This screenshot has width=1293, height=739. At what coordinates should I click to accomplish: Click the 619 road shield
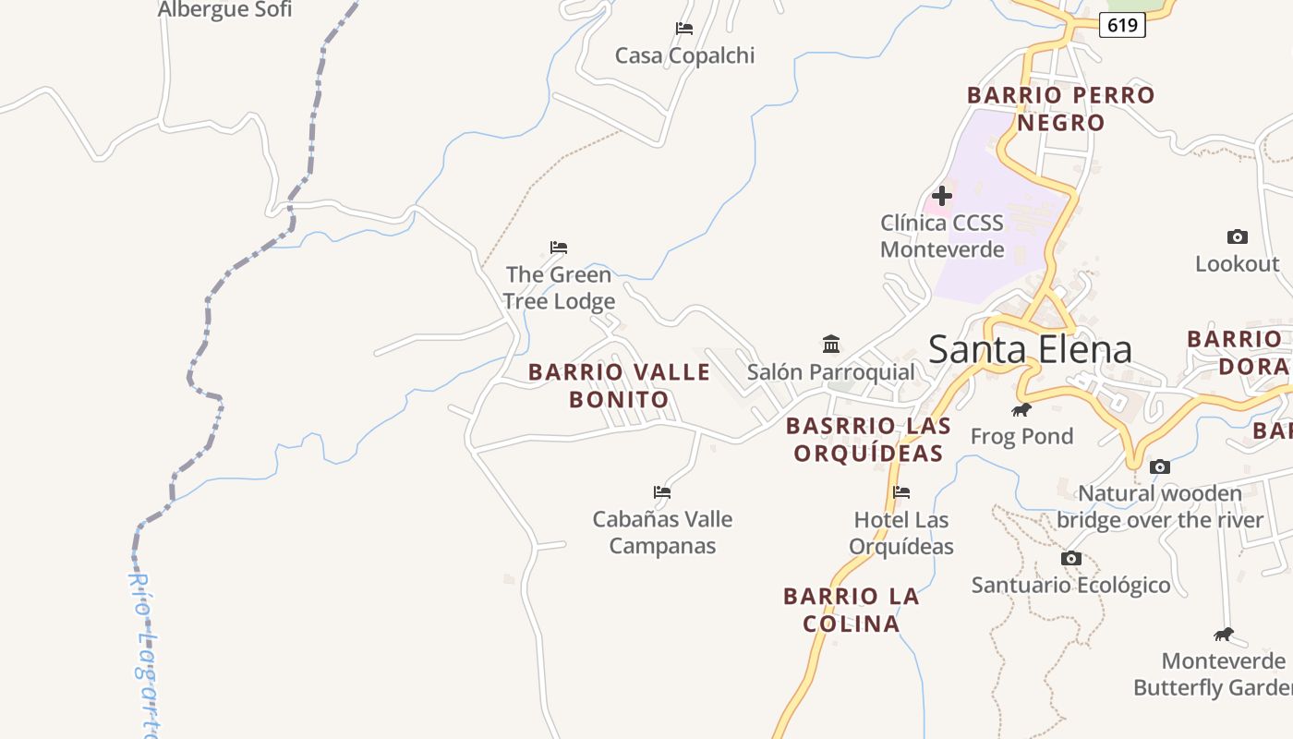pos(1122,25)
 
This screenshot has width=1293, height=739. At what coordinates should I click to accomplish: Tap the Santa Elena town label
pos(1030,350)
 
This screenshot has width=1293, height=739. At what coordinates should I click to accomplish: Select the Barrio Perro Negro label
pos(1061,108)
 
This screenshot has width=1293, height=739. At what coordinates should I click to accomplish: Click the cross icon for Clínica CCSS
pos(942,196)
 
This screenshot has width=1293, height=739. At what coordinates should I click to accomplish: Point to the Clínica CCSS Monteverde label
pos(942,236)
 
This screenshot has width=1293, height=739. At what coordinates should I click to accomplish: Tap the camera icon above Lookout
pos(1237,237)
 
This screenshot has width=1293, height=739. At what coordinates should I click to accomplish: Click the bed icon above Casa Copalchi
pos(684,29)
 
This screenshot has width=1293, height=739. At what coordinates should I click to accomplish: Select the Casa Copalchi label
pos(684,55)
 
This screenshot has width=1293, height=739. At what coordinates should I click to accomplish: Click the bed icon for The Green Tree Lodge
pos(559,248)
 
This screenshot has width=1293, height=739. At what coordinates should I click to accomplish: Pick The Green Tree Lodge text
pos(559,288)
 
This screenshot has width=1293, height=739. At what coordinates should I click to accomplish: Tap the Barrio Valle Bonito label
pos(619,385)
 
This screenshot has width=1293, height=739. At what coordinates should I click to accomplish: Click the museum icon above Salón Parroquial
pos(831,345)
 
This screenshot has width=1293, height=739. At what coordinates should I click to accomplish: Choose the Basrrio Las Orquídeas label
pos(868,440)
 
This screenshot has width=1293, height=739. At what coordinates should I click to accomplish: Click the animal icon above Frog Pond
pos(1021,409)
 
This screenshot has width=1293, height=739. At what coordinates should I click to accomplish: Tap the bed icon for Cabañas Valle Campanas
pos(662,492)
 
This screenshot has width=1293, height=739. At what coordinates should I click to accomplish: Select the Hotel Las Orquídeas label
pos(901,533)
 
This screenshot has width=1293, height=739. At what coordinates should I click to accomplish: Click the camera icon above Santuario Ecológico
pos(1070,559)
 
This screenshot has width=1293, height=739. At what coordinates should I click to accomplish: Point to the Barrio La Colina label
pos(852,610)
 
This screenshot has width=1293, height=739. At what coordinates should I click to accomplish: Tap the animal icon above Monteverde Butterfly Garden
pos(1224,635)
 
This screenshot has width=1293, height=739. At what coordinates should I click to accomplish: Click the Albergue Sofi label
pos(224,10)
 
